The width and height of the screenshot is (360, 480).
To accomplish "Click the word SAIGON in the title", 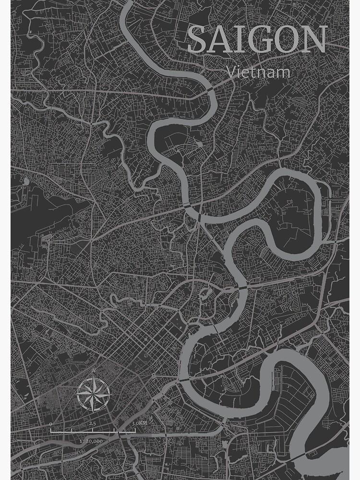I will pyautogui.click(x=257, y=41).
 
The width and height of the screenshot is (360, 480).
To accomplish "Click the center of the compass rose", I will pyautogui.click(x=94, y=394).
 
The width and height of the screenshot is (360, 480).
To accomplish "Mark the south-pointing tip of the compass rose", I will pyautogui.click(x=94, y=411).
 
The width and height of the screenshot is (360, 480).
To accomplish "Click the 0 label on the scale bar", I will pyautogui.click(x=51, y=424).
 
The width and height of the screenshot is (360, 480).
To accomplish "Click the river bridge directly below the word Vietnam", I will pyautogui.click(x=211, y=90).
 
